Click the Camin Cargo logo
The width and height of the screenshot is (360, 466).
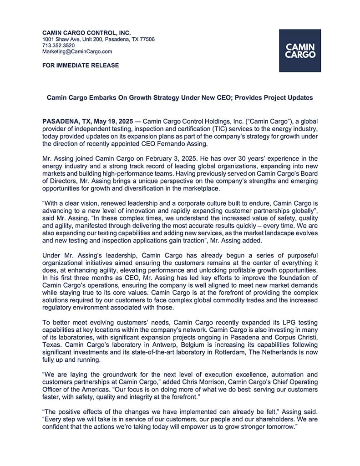300,51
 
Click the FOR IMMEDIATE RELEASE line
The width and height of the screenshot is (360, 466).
81,66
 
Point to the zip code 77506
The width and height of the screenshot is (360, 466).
147,39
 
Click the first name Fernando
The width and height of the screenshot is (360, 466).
179,144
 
